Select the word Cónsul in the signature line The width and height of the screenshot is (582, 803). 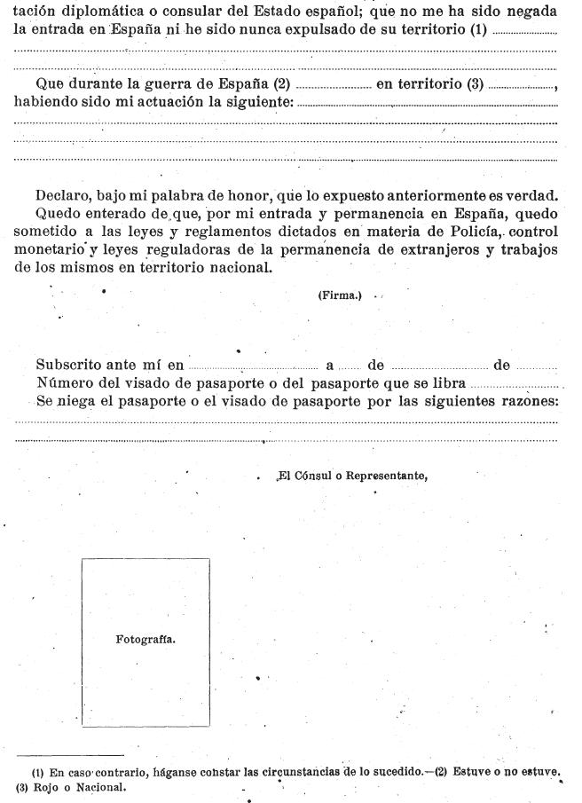(311, 476)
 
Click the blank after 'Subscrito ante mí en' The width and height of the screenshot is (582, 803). (252, 366)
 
